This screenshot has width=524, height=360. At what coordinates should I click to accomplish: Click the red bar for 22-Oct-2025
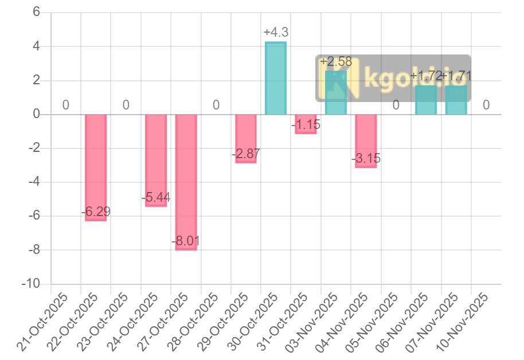pos(96,167)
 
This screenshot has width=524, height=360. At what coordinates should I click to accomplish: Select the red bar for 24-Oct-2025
pos(156,160)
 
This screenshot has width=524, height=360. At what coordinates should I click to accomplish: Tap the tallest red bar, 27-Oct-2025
pos(186,182)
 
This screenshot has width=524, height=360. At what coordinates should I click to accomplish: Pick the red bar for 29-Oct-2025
pos(246,138)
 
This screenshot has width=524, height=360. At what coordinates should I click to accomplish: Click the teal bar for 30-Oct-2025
pos(276,78)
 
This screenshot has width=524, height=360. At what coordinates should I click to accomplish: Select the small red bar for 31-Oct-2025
pos(306,124)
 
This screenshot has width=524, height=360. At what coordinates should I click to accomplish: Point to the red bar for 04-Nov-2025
pos(366,140)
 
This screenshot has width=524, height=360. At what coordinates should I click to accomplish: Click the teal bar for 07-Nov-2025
pos(456,100)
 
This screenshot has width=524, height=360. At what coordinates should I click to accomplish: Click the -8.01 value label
pos(186,241)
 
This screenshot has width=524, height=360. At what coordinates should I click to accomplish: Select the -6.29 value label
pos(96,212)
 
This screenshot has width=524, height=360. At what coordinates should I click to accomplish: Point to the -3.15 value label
pos(366,159)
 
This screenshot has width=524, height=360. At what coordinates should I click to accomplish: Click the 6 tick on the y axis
pos(36,12)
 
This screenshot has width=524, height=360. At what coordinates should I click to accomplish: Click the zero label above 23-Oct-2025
pos(126,105)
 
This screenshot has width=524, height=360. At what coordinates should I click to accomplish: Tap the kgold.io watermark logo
pos(393,79)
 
